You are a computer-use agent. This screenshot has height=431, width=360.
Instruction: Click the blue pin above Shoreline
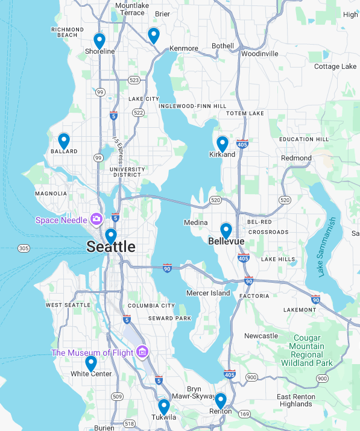click(99, 41)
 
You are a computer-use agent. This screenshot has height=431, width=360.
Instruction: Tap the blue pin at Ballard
click(64, 141)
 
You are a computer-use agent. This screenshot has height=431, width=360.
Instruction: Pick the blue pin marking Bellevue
click(226, 231)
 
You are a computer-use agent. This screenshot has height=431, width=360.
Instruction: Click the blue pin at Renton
click(220, 401)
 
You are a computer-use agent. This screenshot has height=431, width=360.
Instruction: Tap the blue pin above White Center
click(91, 363)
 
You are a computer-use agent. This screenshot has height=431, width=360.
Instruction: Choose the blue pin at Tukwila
click(163, 407)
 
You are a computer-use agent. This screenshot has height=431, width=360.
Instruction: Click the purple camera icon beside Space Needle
click(95, 219)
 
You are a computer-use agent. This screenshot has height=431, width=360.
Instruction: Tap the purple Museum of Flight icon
click(142, 351)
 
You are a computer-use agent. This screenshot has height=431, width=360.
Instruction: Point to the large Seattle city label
click(111, 247)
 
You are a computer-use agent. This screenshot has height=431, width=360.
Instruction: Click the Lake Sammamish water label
click(330, 247)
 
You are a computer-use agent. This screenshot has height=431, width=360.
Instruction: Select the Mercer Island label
click(208, 293)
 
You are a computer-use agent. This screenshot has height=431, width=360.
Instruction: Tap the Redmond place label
click(296, 158)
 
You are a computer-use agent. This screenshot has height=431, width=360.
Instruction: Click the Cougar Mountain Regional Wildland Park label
click(307, 351)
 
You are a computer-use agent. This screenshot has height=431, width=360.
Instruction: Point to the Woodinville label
click(259, 54)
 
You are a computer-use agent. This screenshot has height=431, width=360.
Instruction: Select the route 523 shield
click(134, 80)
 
